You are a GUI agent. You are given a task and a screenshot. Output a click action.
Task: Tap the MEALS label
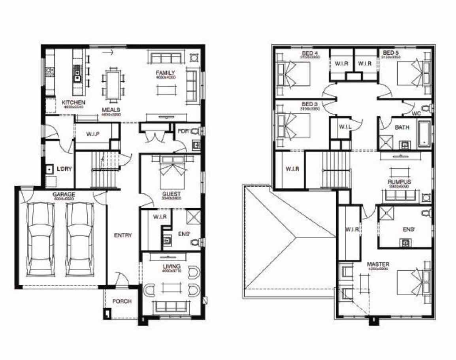coord(111,109)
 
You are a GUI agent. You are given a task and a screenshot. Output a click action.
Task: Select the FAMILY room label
coord(165,73)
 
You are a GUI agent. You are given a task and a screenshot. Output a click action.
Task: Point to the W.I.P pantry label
coord(92,134)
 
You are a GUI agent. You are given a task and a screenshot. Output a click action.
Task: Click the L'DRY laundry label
coord(64,169)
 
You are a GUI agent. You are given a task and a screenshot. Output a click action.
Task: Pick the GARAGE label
coord(64,194)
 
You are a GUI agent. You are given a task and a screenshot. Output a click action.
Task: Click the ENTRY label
coord(123,235)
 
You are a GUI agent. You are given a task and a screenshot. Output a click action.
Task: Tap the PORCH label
coord(122,301)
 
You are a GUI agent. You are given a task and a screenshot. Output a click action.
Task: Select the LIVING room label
coord(171,266)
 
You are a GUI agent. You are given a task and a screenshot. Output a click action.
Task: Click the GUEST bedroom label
coord(171,194)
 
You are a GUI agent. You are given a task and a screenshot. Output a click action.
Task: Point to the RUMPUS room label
coord(399,182)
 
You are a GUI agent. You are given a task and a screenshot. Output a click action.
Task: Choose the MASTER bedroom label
coord(378,264)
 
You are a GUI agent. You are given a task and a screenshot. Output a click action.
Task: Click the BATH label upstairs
coord(402,128)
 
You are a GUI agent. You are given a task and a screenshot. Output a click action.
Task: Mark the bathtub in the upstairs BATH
coord(424,134)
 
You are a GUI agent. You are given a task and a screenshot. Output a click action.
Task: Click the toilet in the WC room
coord(426,107)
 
